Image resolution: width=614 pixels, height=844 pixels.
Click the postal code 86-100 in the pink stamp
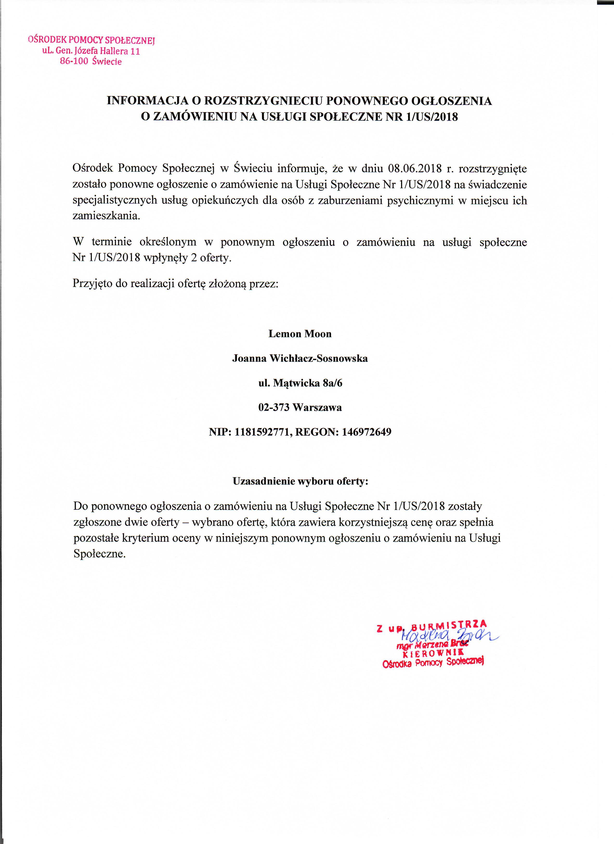pos(74,61)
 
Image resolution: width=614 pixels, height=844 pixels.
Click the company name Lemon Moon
pos(300,334)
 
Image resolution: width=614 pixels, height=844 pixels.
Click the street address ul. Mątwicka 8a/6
pos(300,383)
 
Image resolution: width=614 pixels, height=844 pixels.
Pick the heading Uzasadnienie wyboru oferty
pos(300,481)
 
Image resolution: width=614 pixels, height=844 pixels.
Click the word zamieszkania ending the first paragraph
pos(106,216)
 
